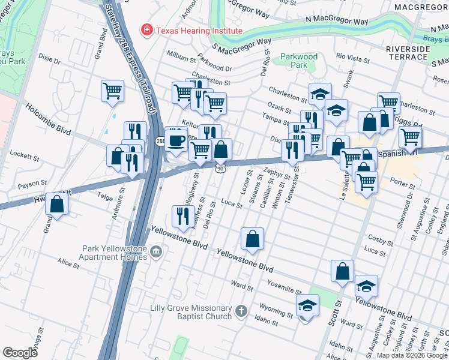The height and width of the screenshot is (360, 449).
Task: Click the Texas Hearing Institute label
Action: click(199, 31)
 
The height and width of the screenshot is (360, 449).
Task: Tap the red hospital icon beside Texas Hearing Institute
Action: click(145, 30)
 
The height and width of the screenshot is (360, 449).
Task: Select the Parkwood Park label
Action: click(299, 61)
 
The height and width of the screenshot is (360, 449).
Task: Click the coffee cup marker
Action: click(176, 139)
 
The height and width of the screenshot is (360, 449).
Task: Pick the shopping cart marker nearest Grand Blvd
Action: click(112, 91)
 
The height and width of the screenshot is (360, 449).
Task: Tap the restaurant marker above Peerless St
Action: click(182, 217)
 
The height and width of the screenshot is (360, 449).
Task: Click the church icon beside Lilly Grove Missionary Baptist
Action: click(241, 311)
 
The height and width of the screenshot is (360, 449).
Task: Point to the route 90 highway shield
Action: click(221, 169)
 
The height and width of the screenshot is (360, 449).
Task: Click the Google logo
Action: click(20, 353)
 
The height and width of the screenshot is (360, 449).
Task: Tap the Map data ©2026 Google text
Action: click(412, 355)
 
